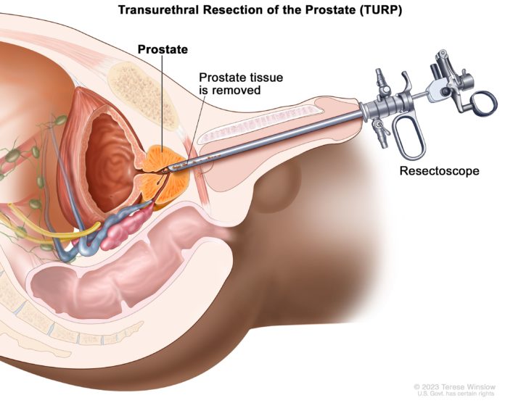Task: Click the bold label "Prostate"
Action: [x=163, y=49]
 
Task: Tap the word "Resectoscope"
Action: [x=439, y=171]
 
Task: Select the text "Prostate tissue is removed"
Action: [x=241, y=83]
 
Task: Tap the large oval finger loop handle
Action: [x=409, y=138]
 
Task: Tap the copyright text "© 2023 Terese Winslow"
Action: [x=454, y=386]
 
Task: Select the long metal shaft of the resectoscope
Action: [x=264, y=140]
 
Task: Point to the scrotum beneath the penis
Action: [x=277, y=186]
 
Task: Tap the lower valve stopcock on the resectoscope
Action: [x=380, y=133]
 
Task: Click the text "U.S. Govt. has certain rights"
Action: [x=456, y=394]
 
